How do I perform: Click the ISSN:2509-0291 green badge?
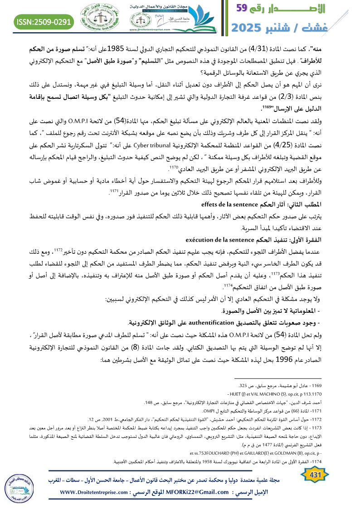[x=44, y=21]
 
